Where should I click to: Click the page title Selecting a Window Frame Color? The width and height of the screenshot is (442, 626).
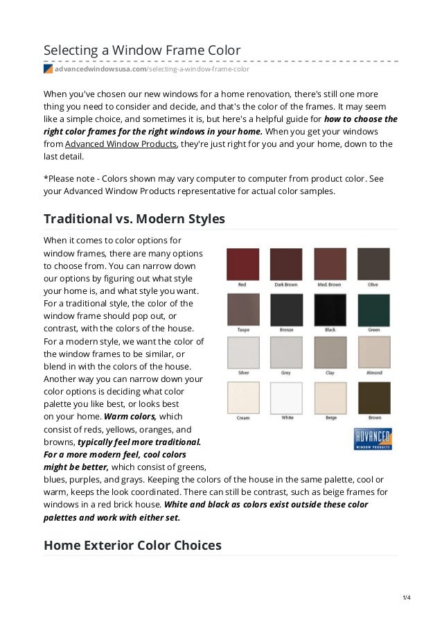click(x=142, y=50)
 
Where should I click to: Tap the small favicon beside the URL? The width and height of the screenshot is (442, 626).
click(x=48, y=69)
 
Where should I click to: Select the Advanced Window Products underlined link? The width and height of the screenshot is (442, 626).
click(x=121, y=144)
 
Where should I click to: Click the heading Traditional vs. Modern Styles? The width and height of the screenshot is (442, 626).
click(x=134, y=219)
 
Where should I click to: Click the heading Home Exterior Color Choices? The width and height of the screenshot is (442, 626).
click(x=132, y=545)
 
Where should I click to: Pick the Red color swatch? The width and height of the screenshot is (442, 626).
click(x=242, y=264)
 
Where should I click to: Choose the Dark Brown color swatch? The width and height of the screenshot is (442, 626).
click(x=286, y=264)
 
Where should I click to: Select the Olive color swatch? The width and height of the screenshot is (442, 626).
click(x=373, y=264)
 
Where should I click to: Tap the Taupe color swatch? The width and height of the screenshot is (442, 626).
click(x=242, y=309)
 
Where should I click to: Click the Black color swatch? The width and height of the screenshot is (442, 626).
click(x=330, y=309)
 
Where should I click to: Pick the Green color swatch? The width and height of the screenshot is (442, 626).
click(x=373, y=309)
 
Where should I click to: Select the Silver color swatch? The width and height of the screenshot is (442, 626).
click(x=242, y=352)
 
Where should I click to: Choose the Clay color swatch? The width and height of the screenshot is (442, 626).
click(x=330, y=352)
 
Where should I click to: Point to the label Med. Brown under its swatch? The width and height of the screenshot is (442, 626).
click(x=330, y=285)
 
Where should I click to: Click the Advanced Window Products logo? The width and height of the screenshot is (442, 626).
click(x=373, y=438)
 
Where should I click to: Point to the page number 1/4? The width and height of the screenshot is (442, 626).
click(x=407, y=598)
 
